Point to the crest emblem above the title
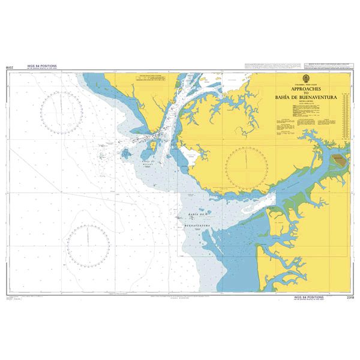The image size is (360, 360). [308, 80]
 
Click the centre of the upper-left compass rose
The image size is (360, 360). [62, 112]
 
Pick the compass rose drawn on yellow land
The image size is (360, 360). [246, 166]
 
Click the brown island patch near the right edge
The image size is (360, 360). [340, 160]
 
